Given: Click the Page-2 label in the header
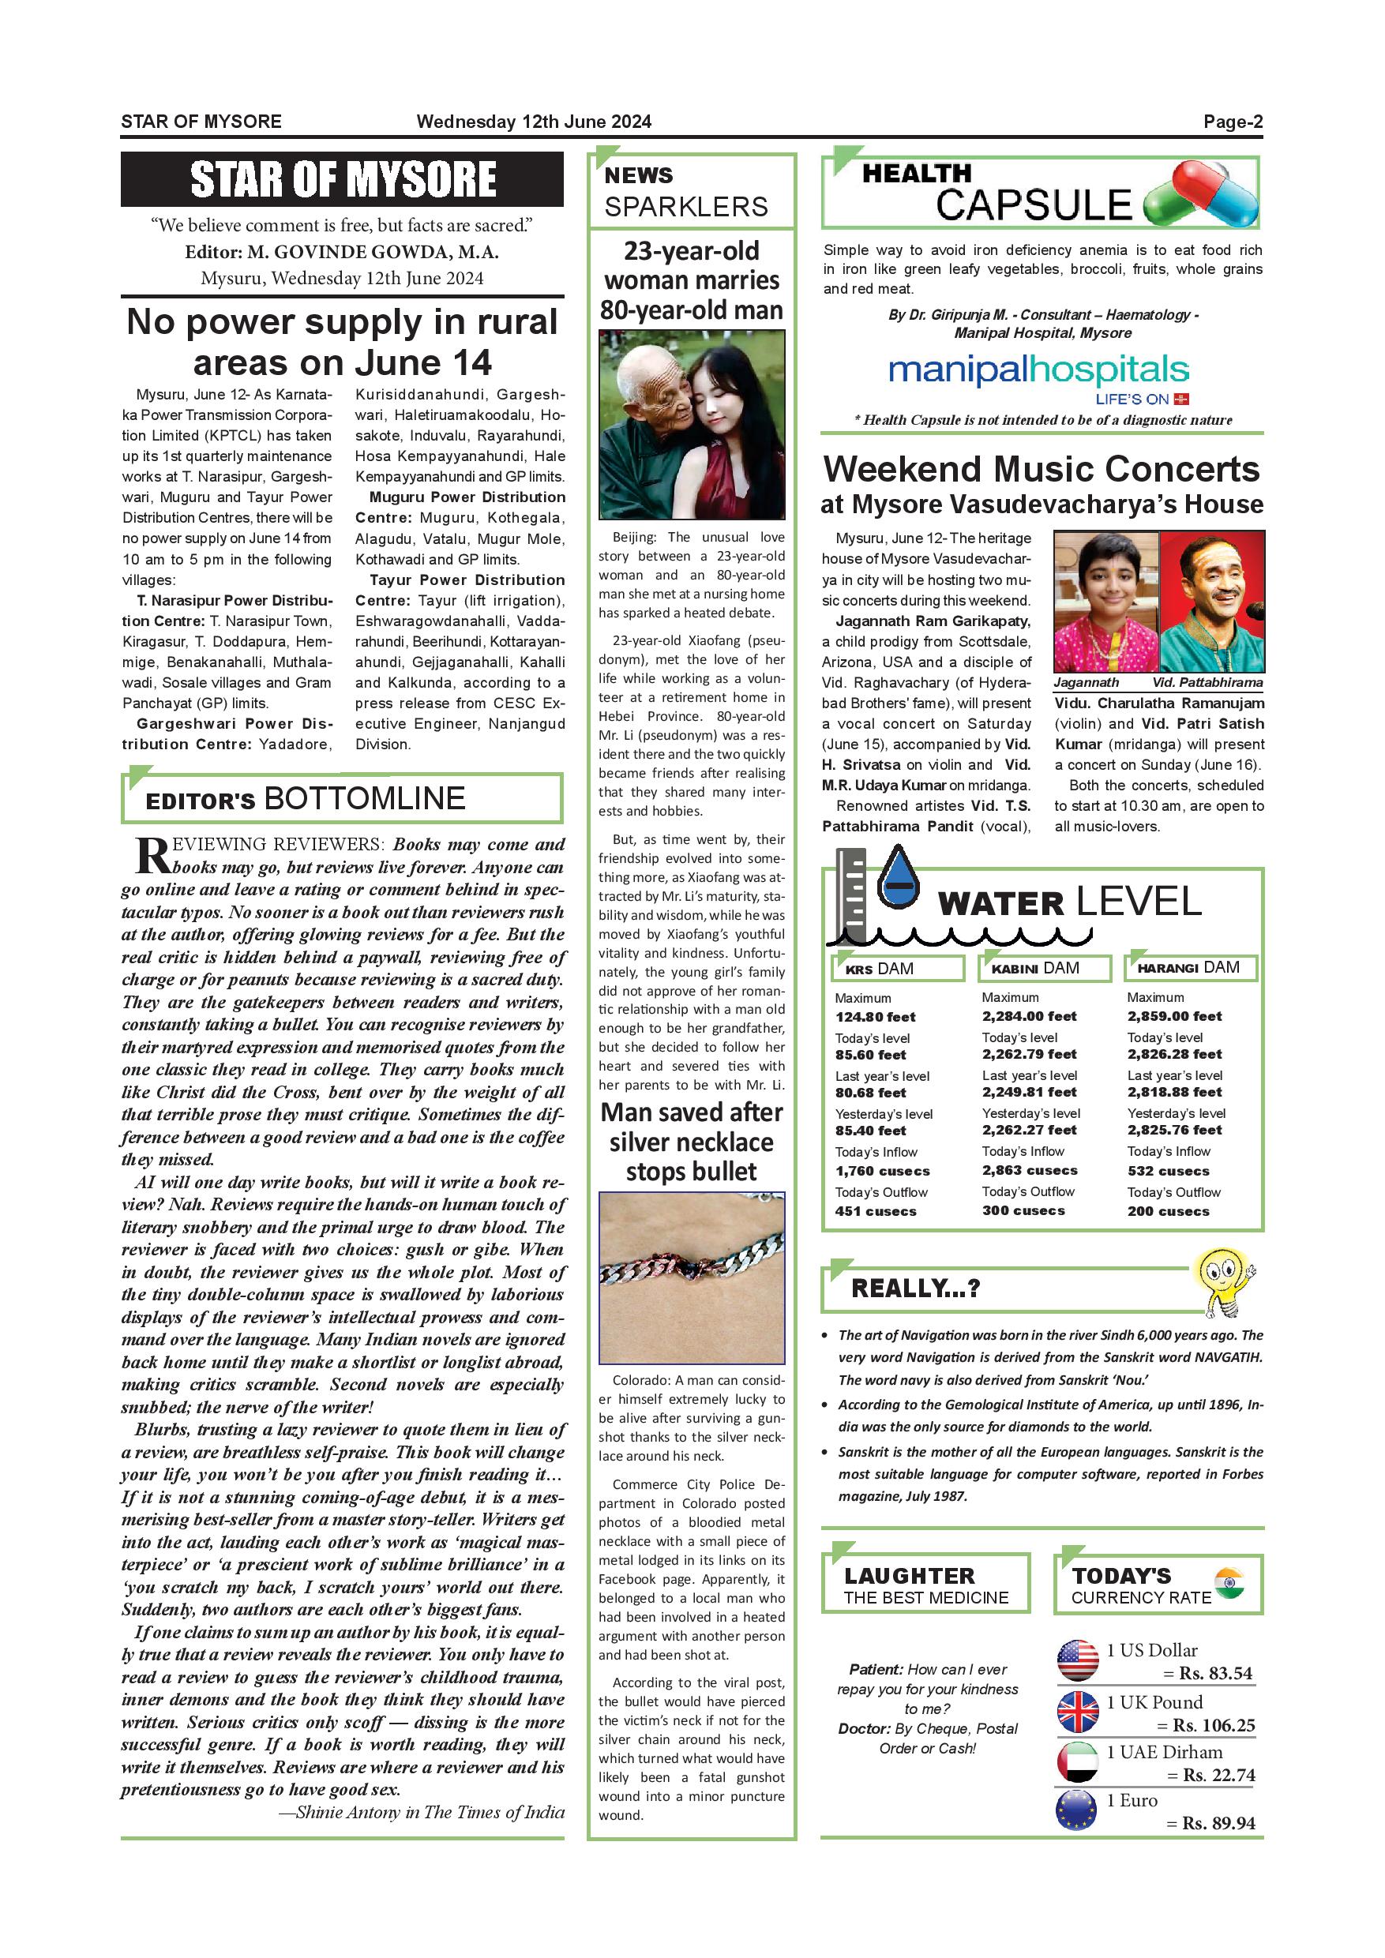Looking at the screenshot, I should coord(1233,122).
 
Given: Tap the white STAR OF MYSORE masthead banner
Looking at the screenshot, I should coord(342,179).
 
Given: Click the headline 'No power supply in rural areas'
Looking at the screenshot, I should coord(342,342).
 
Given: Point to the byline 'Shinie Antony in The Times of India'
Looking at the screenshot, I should coord(422,1812).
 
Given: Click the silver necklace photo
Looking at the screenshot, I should coord(692,1277).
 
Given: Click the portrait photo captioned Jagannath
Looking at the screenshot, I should coord(1105,601).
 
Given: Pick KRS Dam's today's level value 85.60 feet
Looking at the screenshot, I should coord(870,1055).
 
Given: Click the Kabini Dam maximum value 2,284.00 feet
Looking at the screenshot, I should coord(1029,1015).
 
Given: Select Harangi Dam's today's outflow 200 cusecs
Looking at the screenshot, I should coord(1168,1211).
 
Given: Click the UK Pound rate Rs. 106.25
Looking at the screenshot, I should coord(1213,1725).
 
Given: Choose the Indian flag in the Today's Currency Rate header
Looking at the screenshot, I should coord(1229,1582).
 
